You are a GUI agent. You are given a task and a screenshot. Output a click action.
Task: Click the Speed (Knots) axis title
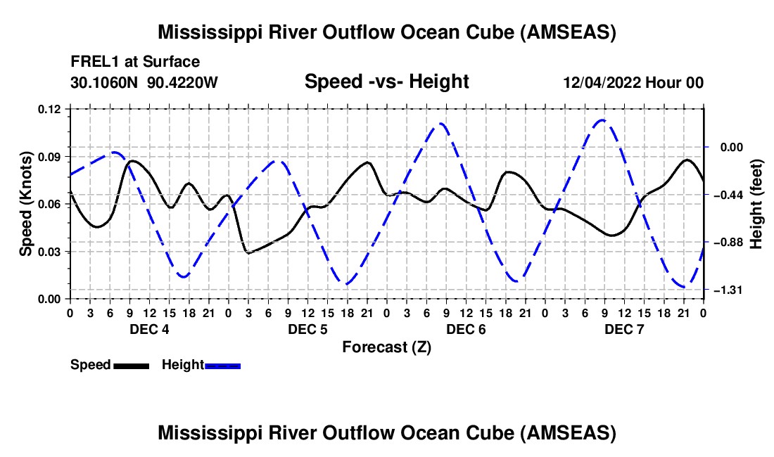tap(26, 204)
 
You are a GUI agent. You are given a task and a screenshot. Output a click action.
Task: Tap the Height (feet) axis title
tap(756, 204)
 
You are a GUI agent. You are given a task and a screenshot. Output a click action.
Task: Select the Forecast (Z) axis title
tap(386, 347)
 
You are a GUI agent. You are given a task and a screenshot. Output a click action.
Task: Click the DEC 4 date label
tap(148, 329)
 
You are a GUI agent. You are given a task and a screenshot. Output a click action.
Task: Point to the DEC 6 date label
tap(466, 329)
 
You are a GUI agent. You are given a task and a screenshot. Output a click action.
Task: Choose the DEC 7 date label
tap(624, 329)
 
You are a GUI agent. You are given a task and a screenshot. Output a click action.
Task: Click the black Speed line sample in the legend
tap(131, 365)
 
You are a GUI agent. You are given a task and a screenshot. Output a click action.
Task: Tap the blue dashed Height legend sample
tap(223, 365)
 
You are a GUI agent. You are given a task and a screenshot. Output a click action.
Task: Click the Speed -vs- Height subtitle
tap(386, 82)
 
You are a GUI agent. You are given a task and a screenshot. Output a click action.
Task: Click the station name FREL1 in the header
tap(90, 63)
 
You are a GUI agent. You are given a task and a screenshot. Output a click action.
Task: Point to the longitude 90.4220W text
tap(182, 83)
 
